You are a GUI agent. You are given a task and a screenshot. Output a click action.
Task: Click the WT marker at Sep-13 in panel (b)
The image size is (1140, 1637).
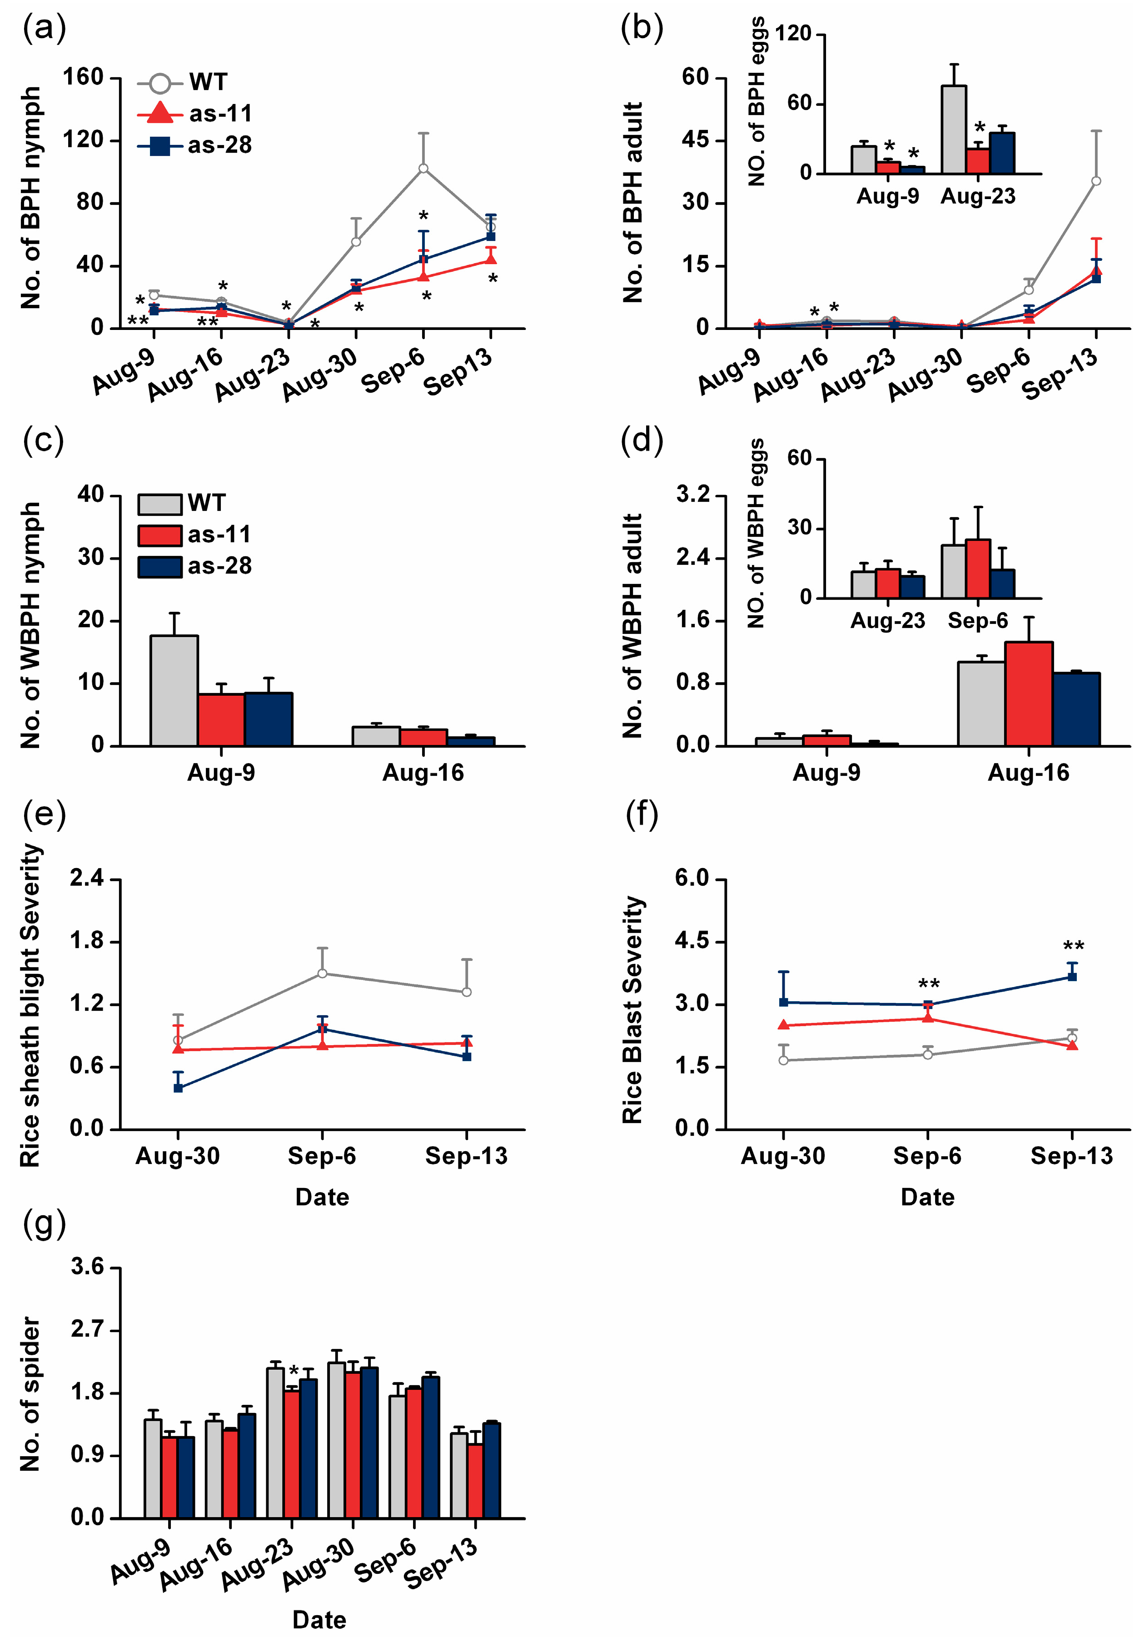[x=1096, y=181]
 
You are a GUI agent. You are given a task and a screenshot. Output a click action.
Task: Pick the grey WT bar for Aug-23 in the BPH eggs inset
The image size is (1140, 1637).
[x=954, y=130]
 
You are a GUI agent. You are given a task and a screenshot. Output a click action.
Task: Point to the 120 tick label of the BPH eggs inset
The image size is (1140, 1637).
[x=793, y=34]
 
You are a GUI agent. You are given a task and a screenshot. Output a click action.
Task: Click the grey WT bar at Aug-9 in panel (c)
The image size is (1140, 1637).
[x=174, y=690]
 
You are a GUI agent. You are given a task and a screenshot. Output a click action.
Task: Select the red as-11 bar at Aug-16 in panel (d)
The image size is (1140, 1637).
[x=1028, y=694]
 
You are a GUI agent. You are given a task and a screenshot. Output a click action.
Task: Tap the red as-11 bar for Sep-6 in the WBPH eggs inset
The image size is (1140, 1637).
[x=977, y=568]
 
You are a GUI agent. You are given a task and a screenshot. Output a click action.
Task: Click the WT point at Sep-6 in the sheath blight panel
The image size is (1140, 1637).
[x=322, y=973]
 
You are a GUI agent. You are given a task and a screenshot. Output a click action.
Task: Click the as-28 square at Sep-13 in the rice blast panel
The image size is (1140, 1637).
[x=1071, y=977]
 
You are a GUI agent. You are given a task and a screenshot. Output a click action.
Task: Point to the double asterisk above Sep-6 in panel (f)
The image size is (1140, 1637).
[x=928, y=985]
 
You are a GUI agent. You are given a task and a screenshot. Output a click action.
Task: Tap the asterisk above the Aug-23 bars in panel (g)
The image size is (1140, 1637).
[x=293, y=1372]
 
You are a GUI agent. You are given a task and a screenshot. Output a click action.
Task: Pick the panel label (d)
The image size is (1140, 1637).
[x=641, y=441]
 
